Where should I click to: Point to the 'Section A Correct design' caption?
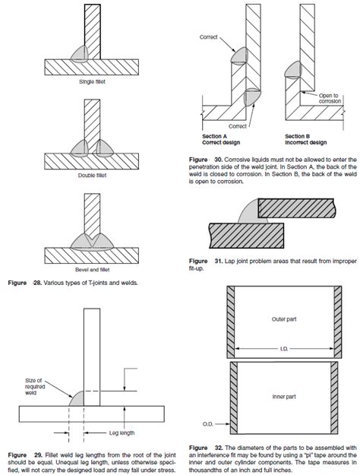pos(225,139)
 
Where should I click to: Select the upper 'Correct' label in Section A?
pos(209,36)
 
